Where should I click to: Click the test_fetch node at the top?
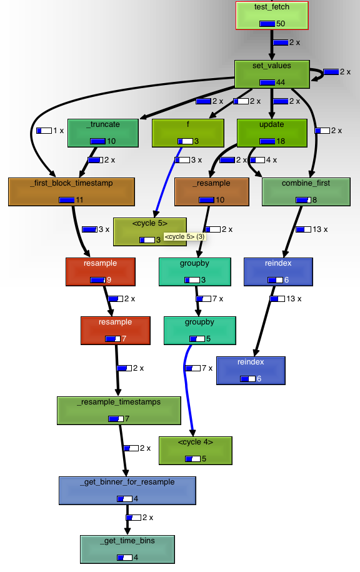(272, 15)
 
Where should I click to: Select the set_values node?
(272, 74)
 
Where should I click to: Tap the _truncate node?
(104, 133)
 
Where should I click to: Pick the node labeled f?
(187, 133)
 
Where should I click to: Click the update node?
(271, 133)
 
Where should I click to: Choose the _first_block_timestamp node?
(72, 191)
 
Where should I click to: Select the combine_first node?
(306, 191)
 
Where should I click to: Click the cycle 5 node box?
(150, 231)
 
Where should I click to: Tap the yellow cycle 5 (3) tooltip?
(185, 237)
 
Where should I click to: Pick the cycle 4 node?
(196, 450)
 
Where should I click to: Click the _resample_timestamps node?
(119, 410)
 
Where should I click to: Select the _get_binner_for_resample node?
(127, 490)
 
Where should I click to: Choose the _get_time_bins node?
(127, 549)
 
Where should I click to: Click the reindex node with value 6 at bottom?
(251, 370)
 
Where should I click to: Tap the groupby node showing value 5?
(199, 330)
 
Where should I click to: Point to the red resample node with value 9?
(101, 271)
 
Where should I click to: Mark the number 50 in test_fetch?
(281, 24)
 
